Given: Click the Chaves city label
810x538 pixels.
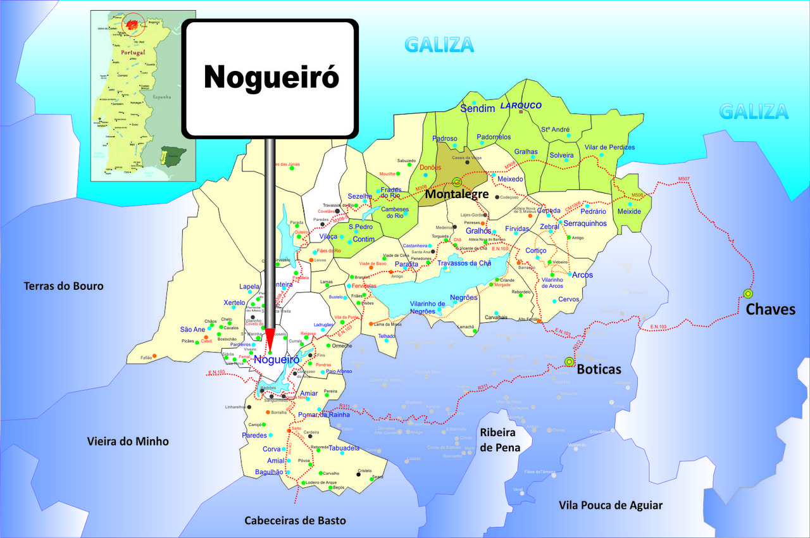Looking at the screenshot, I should coord(770,310).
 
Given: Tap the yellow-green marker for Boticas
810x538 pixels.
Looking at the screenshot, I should coord(569,361).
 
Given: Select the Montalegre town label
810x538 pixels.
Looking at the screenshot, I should coord(456,194).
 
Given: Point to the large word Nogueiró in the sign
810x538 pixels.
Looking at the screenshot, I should coord(271,77).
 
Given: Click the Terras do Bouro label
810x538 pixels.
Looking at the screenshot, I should coord(63,286).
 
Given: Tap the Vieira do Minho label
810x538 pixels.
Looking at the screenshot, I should coord(128,441).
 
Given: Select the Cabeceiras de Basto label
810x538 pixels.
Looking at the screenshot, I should coord(296,520).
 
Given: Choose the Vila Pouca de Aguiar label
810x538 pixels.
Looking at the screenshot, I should coord(611,505).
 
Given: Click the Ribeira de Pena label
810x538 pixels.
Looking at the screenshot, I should coord(501,440).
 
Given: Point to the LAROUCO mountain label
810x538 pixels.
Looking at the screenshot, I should coord(521,106).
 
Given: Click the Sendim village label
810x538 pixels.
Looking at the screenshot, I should coord(477,109).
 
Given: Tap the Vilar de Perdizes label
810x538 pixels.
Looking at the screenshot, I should coord(609,147).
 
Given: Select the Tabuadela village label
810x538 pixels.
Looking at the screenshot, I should coord(344,448).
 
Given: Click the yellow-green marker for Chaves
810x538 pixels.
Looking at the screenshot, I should coord(748,294).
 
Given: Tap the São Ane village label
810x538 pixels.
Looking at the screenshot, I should coord(192,329).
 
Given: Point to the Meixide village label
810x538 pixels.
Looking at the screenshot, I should coord(629,211).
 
